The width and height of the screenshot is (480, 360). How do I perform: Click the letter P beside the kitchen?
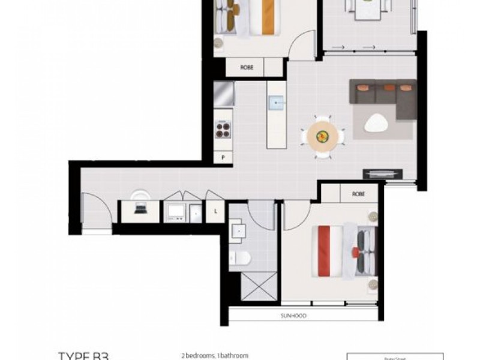(223, 158)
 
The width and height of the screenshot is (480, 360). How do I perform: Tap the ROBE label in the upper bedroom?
(247, 67)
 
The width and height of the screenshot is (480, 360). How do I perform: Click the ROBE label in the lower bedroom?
(359, 194)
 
